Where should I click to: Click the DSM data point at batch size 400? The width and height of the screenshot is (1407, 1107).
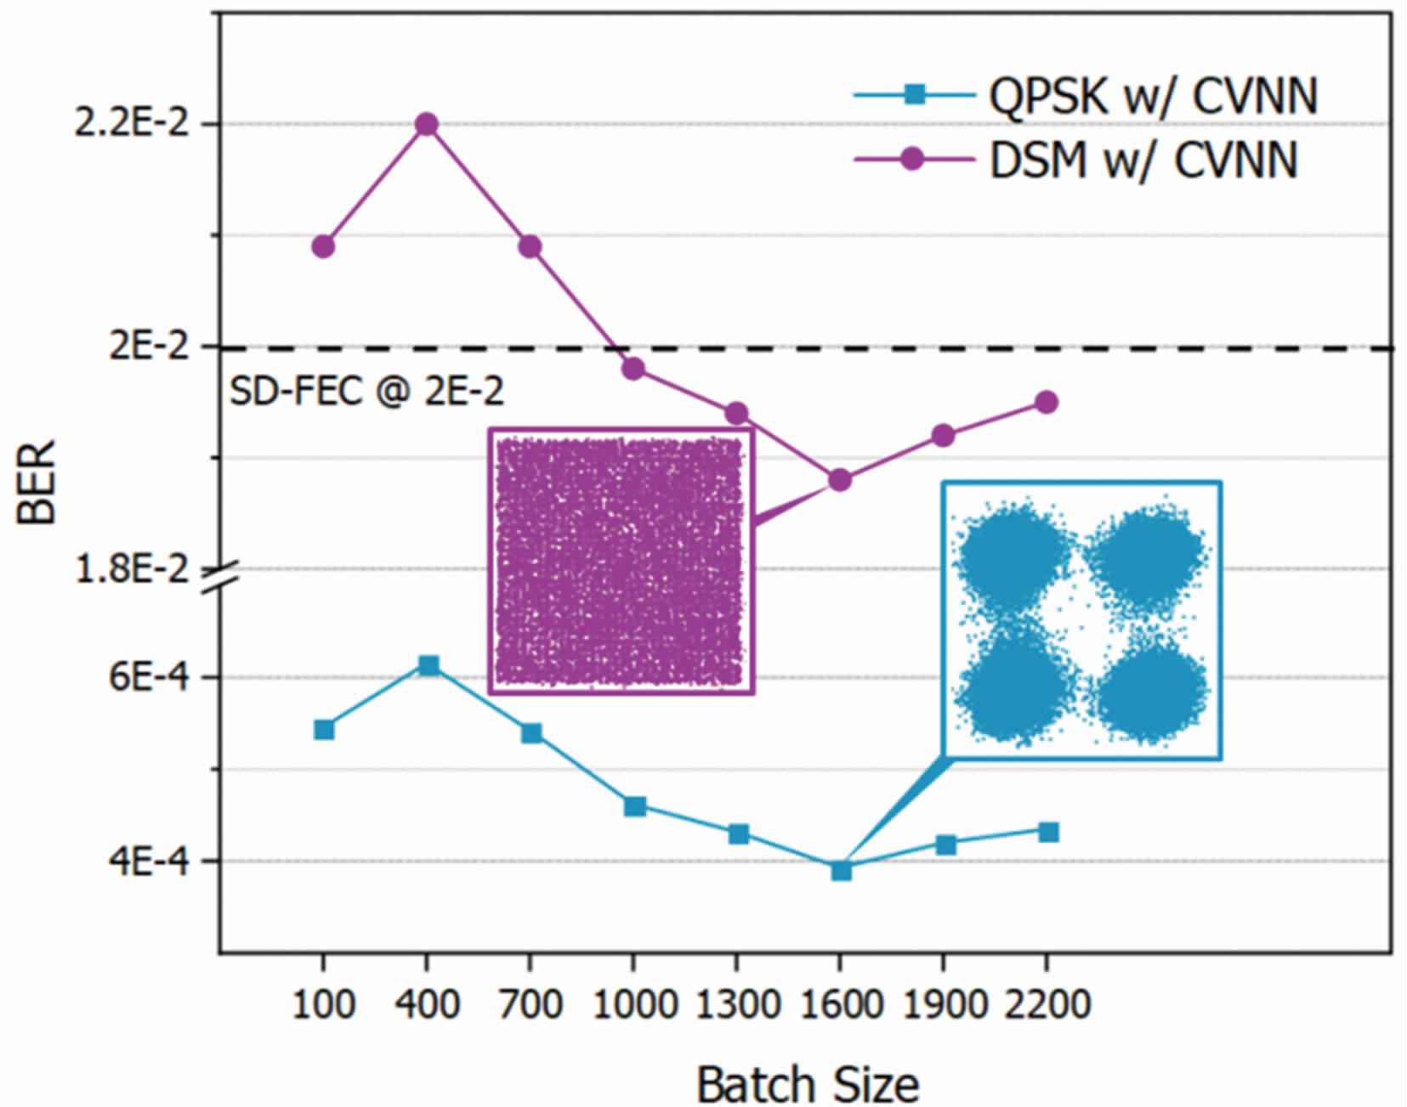click(x=427, y=125)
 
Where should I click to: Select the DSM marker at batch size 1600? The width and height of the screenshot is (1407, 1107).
click(x=840, y=481)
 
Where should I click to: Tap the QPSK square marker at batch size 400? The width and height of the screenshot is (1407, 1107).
click(x=428, y=665)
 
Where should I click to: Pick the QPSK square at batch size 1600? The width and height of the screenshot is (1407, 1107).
click(x=841, y=870)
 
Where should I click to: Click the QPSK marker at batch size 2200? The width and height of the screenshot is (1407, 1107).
click(x=1048, y=832)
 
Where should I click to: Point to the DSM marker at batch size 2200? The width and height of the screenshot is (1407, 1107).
click(x=1047, y=402)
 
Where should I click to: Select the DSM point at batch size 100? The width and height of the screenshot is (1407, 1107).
click(x=323, y=246)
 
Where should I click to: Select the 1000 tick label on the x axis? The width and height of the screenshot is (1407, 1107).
click(x=633, y=1005)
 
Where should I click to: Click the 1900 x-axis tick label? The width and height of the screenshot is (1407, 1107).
click(x=944, y=1005)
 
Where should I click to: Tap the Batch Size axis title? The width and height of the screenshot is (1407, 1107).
click(x=808, y=1084)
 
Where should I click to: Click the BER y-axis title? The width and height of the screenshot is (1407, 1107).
click(x=36, y=482)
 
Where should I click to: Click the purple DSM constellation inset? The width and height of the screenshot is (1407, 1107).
click(x=621, y=561)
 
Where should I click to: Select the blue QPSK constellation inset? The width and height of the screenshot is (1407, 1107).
click(x=1081, y=619)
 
